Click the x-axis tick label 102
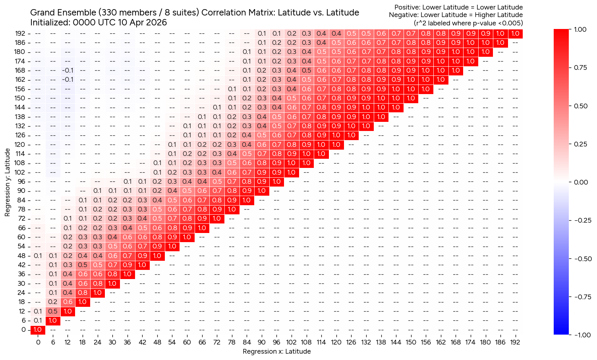pos(291,342)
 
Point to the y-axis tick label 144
pos(20,108)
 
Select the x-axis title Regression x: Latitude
pos(276,352)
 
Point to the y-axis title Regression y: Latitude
pos(8,182)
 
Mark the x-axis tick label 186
pos(500,342)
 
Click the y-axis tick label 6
pos(23,321)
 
